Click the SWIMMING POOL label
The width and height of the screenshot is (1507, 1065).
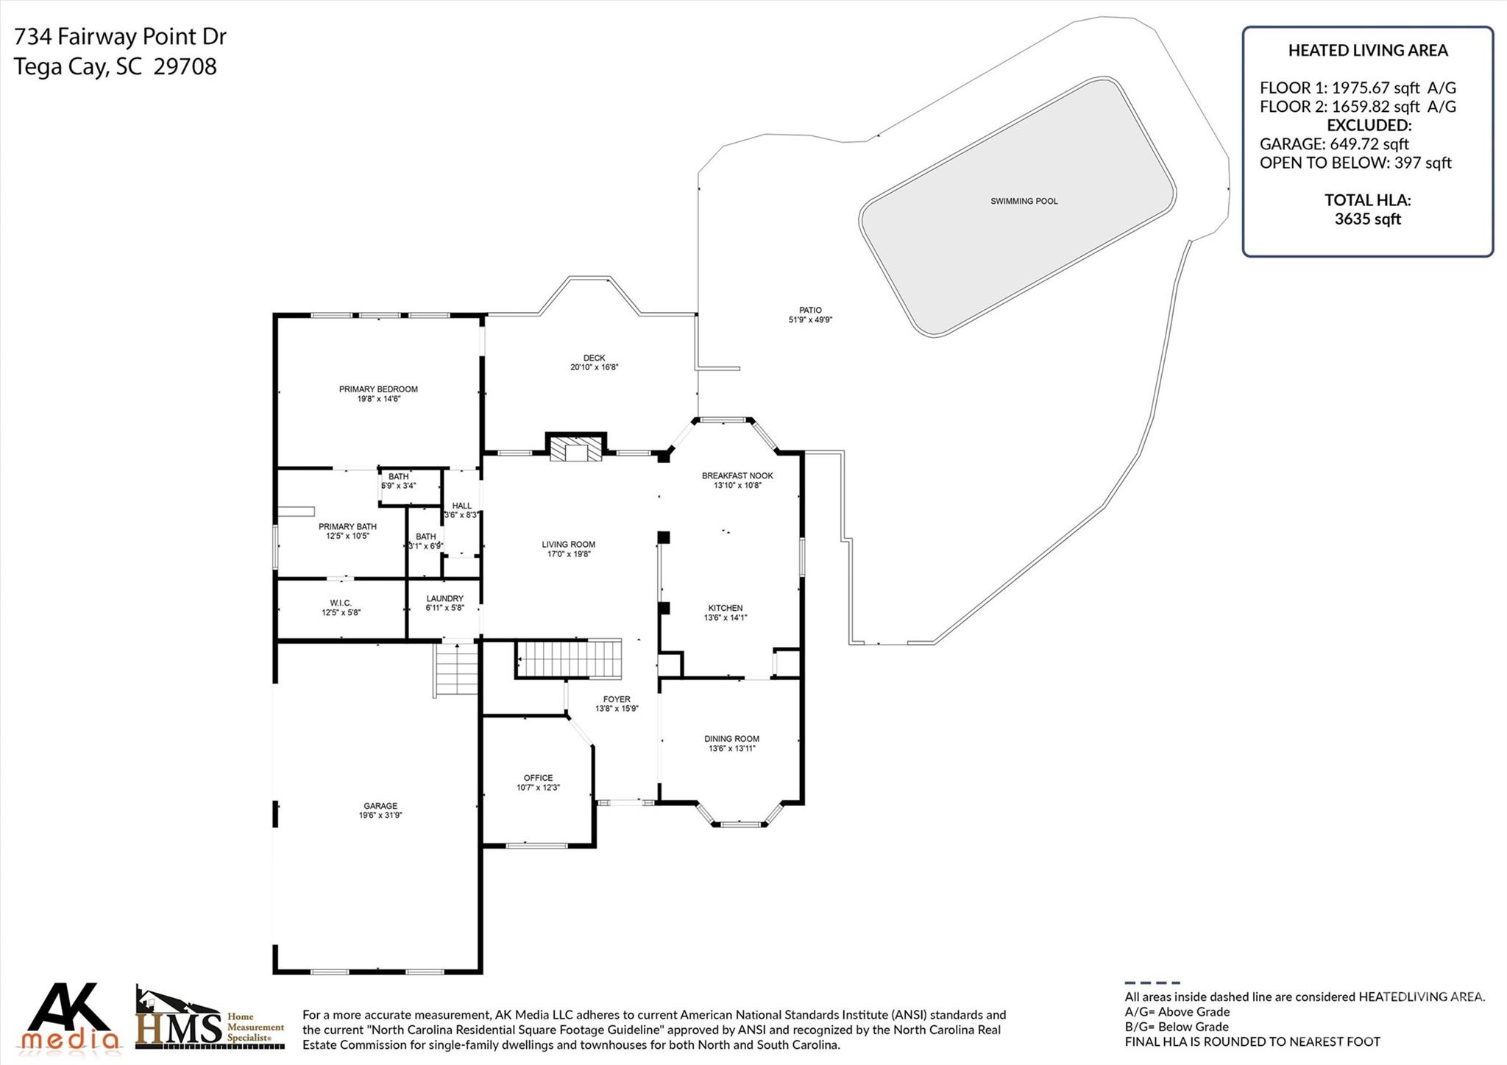1024,202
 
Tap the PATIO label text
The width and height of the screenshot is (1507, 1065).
810,311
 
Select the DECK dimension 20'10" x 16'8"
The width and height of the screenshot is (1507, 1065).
595,367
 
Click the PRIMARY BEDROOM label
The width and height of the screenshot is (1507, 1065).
378,389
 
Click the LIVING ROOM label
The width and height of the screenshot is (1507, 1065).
569,545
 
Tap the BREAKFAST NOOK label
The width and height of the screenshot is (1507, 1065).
737,476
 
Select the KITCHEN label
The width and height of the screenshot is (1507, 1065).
726,608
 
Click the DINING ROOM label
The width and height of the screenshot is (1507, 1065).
731,739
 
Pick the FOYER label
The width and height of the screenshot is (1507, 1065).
617,699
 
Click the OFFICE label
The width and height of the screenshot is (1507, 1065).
538,778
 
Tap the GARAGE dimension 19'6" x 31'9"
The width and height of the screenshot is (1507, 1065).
380,815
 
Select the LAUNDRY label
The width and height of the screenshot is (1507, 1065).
444,599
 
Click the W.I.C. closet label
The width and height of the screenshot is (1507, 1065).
341,603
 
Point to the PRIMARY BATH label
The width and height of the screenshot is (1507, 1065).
347,527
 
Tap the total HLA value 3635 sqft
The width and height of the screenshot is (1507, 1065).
1368,219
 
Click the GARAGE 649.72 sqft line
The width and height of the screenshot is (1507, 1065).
1334,144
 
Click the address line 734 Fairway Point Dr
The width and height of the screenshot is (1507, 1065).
121,36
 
